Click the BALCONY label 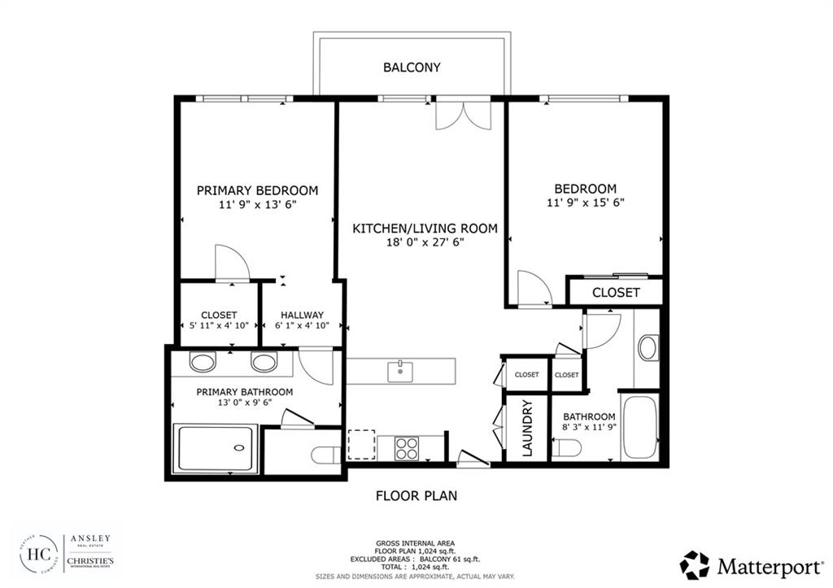[x=412, y=68]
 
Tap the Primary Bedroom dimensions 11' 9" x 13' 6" [x=257, y=205]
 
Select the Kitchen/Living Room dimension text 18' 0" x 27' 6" [x=424, y=243]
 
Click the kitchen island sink [x=399, y=371]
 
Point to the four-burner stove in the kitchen [x=406, y=447]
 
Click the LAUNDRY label [x=526, y=428]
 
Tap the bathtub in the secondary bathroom [x=640, y=427]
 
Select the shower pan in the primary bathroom [x=216, y=447]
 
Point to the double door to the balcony [x=464, y=114]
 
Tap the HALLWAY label [x=302, y=316]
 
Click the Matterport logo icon [x=695, y=564]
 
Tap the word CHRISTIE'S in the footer [x=90, y=562]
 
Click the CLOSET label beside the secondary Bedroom [x=616, y=292]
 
